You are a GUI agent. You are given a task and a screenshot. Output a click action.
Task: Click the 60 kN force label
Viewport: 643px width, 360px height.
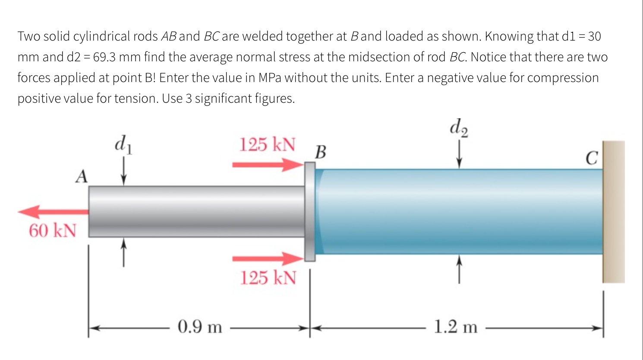53,231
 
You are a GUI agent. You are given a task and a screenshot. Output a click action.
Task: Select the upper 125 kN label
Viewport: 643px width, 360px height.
268,145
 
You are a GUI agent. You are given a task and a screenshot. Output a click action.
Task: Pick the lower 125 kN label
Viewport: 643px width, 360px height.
268,278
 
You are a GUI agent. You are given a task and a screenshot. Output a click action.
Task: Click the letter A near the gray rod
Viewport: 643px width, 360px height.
82,177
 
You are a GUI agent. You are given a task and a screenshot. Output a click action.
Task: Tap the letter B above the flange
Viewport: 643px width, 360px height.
321,152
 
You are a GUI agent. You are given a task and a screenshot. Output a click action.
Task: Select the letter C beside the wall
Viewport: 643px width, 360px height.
592,158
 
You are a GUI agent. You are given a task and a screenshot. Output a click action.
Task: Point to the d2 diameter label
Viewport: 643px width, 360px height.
459,127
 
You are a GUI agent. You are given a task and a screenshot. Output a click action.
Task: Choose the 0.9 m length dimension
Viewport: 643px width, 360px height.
200,327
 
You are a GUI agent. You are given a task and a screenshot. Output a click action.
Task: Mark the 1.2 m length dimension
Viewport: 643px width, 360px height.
456,327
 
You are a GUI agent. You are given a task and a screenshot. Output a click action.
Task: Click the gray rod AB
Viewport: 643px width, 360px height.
196,212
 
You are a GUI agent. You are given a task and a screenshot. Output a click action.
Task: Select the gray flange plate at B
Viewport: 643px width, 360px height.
310,212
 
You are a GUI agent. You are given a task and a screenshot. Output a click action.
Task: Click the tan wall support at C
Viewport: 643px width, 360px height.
614,212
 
